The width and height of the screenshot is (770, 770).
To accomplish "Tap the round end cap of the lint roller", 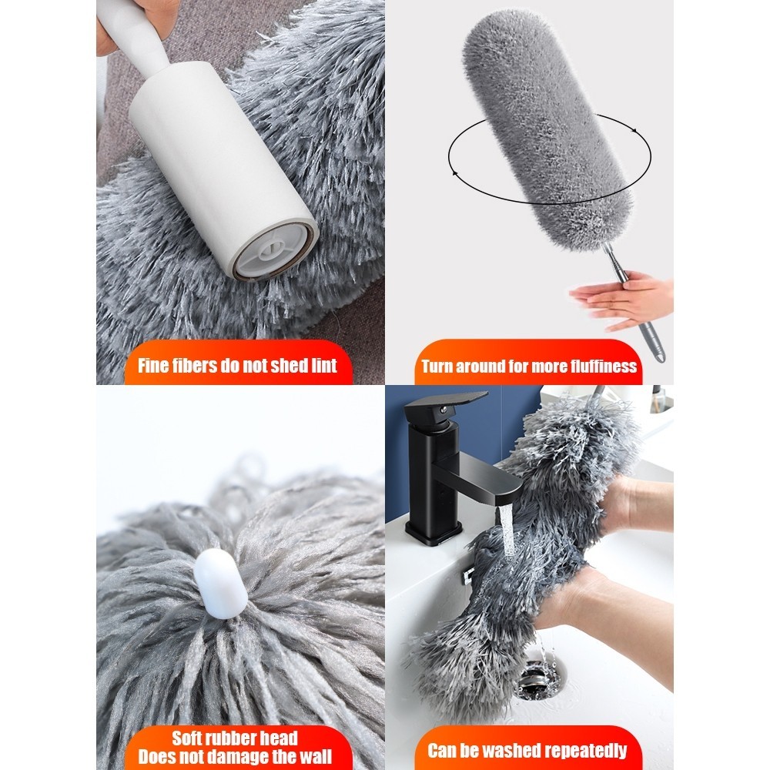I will [273, 251].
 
